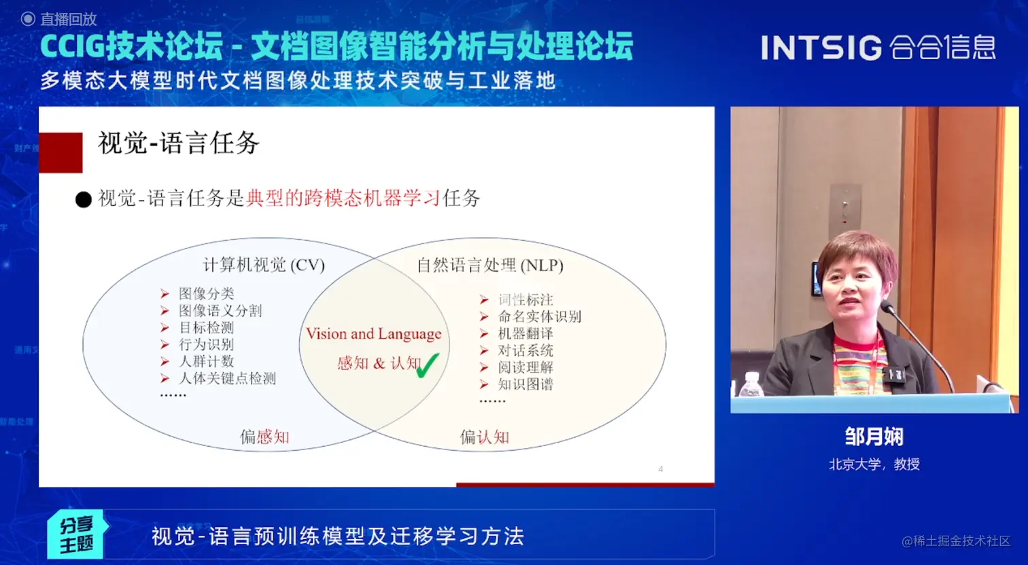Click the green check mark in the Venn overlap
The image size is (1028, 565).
[428, 366]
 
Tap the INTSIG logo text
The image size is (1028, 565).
[821, 48]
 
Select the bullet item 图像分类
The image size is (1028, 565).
[206, 294]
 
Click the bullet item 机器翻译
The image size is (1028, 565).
[526, 334]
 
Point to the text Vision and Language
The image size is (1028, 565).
[373, 334]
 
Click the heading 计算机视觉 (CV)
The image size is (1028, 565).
[264, 265]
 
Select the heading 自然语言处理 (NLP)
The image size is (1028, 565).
[490, 265]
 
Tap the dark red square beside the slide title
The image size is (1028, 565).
[61, 153]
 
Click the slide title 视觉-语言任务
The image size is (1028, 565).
[179, 143]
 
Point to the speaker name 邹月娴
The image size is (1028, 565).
[874, 436]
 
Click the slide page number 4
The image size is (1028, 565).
[660, 469]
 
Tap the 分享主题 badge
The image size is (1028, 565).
[77, 534]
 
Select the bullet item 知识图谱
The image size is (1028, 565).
[526, 385]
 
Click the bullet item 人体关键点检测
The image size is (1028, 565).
[227, 378]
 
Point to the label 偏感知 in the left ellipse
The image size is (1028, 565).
[264, 437]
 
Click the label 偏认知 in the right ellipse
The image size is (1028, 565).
[485, 437]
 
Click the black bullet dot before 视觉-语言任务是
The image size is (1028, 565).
[84, 200]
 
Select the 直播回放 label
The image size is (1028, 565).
[69, 19]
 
